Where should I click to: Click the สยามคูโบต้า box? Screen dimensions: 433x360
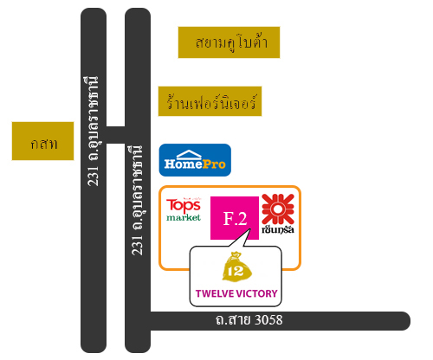click(x=229, y=42)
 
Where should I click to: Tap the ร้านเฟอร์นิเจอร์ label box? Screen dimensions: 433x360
click(x=210, y=101)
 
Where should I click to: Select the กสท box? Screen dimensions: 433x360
click(x=42, y=141)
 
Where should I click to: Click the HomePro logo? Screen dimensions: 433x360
click(x=195, y=160)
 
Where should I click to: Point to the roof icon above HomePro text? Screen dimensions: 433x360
click(x=189, y=155)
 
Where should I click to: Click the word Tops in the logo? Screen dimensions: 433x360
click(x=184, y=205)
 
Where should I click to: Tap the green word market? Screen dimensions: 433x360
click(x=184, y=217)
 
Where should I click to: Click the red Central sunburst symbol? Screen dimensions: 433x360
click(x=278, y=209)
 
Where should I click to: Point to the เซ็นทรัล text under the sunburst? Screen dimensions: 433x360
click(x=278, y=229)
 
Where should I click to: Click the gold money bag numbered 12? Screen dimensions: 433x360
click(x=236, y=267)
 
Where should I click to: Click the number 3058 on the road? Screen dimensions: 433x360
click(x=269, y=320)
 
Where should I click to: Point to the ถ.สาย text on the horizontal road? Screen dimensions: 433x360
click(x=234, y=320)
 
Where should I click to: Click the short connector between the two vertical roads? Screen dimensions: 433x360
click(x=115, y=135)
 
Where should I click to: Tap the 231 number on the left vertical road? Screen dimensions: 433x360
click(x=94, y=176)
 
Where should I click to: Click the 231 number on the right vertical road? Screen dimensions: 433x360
click(x=138, y=245)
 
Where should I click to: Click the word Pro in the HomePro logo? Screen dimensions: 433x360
click(x=214, y=164)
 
